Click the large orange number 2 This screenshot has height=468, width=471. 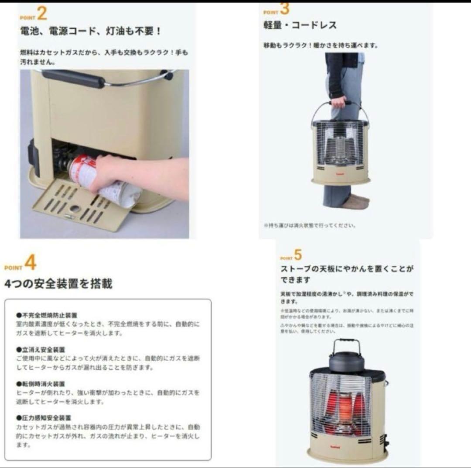point(42,14)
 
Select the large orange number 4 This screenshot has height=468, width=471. point(30,263)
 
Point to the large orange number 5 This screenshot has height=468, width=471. point(298,255)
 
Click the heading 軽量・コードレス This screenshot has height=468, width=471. point(300,25)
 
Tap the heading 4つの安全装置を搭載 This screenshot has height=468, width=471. point(58,284)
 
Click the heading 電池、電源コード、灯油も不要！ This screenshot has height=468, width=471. point(91,32)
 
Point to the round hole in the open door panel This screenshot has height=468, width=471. point(75,209)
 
